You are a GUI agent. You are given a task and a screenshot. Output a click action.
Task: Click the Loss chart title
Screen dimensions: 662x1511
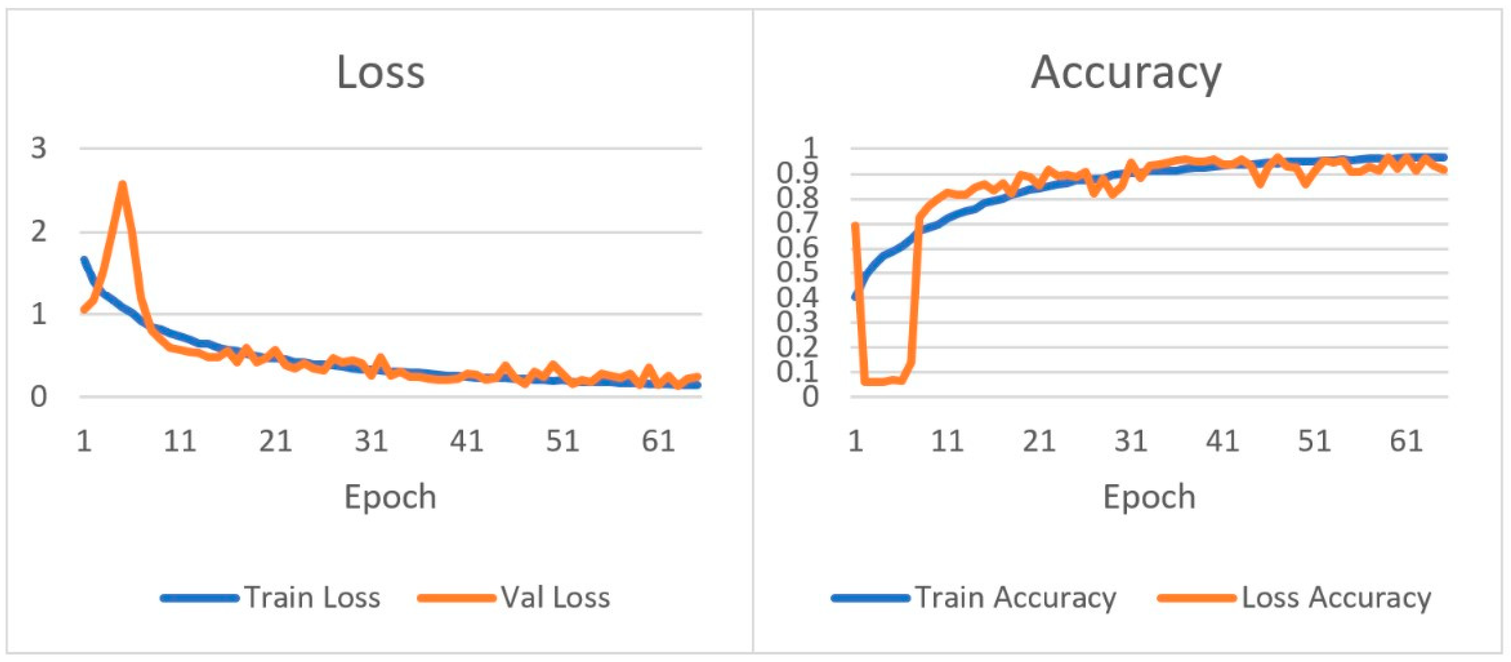[381, 73]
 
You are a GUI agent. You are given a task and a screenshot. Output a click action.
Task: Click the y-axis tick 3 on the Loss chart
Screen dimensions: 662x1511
[39, 149]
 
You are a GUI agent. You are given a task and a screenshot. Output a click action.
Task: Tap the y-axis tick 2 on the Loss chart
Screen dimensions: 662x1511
[39, 232]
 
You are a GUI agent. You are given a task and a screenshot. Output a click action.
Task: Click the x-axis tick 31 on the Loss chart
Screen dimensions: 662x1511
[371, 441]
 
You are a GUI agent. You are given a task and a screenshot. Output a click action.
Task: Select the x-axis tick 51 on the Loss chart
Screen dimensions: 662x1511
[562, 441]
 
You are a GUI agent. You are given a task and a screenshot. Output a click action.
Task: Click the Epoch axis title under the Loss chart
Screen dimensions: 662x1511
[390, 498]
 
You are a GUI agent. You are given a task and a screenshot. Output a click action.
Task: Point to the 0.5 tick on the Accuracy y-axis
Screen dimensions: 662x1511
[797, 272]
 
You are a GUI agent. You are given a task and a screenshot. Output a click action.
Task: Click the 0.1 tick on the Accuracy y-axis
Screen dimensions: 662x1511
[797, 372]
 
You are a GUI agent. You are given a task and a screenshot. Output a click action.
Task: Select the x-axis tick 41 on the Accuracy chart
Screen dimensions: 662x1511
[1223, 441]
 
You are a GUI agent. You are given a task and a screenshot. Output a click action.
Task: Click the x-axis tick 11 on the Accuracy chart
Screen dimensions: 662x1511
[947, 441]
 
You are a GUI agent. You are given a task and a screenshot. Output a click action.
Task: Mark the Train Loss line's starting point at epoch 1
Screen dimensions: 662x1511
[84, 259]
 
